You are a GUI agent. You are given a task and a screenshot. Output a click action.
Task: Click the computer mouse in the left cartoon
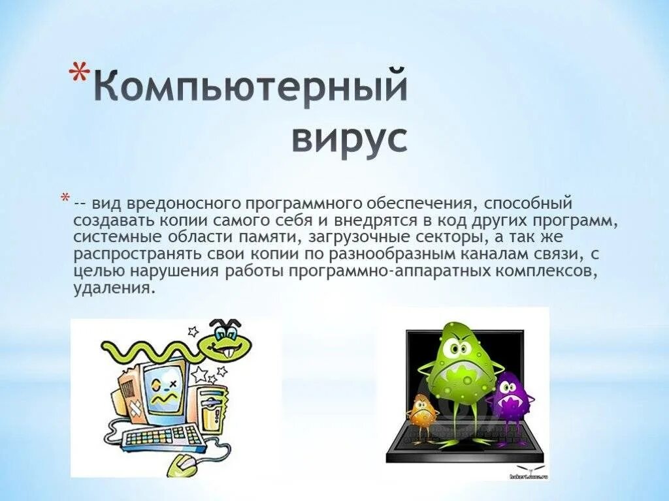tap(186, 464)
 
